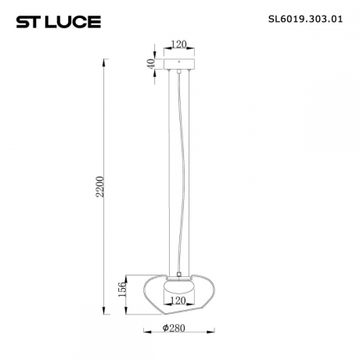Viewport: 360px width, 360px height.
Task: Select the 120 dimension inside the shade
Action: tap(180, 300)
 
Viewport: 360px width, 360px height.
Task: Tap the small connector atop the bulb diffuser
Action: tap(180, 275)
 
